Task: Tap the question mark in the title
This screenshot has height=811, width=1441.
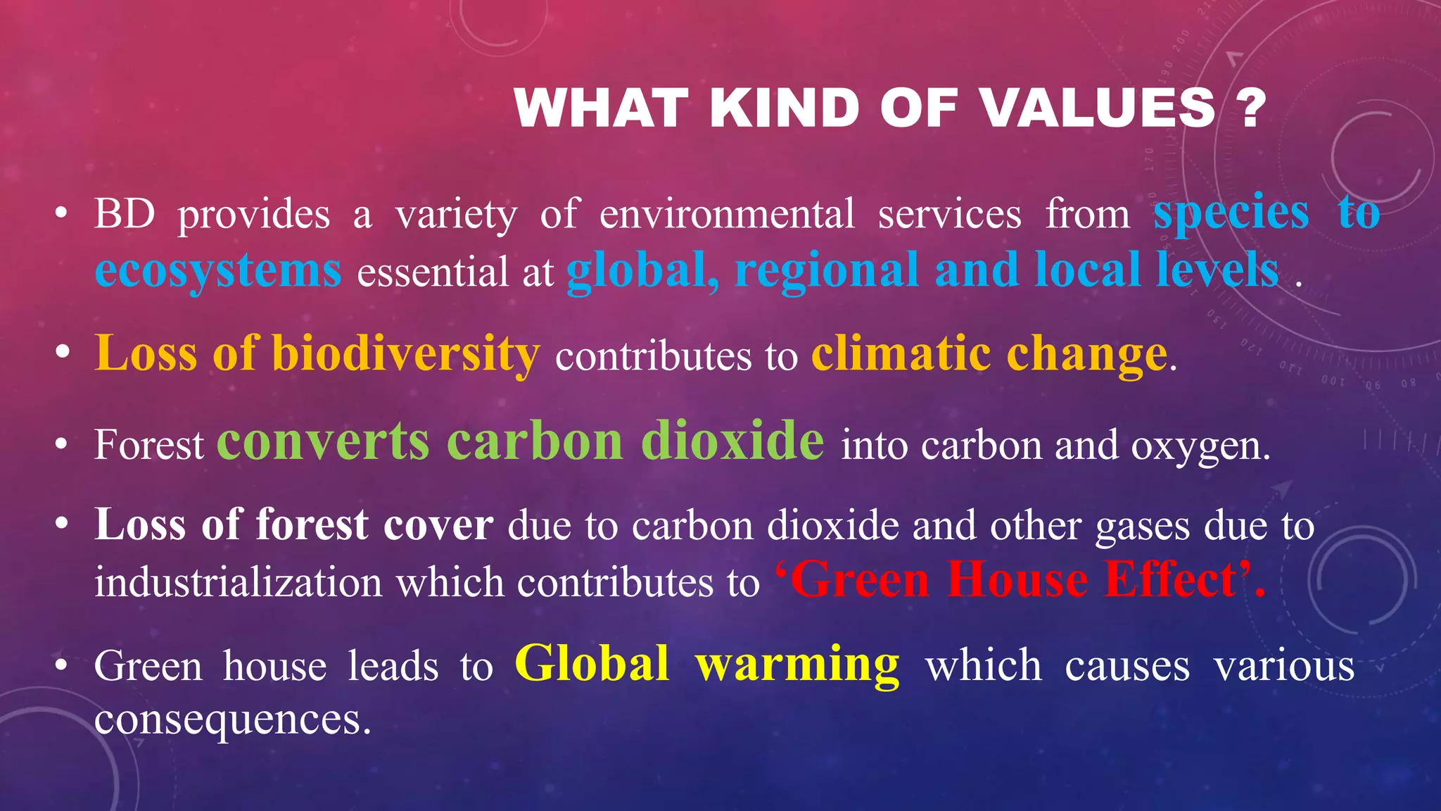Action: [1250, 108]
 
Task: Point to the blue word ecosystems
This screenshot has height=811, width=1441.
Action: [218, 270]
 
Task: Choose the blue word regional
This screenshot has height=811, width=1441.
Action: [827, 270]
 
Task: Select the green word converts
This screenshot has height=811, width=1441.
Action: [323, 441]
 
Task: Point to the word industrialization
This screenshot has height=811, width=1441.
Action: [239, 583]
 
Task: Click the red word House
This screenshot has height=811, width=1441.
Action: [1017, 580]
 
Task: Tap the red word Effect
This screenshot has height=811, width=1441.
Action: [1171, 580]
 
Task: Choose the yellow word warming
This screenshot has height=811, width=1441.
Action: [798, 665]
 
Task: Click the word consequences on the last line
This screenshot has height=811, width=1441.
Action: [232, 719]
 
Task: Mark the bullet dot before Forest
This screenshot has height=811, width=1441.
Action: [62, 445]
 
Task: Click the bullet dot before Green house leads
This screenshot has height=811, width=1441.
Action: [62, 665]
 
